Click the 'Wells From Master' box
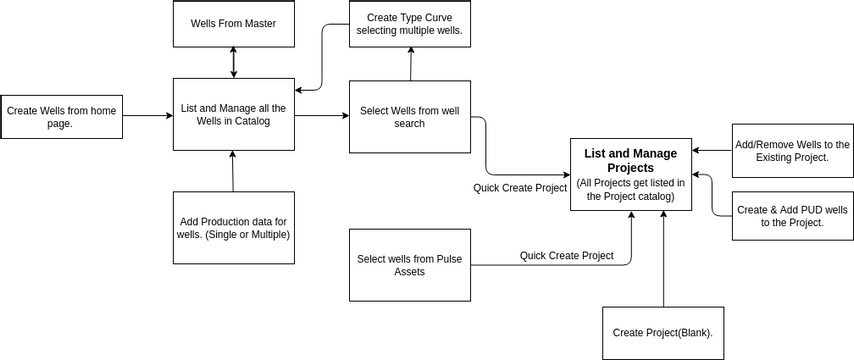pos(233,23)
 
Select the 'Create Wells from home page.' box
pos(61,117)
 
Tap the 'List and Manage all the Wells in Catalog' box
pos(233,115)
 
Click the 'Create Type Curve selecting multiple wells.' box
pos(409,23)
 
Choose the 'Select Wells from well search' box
pos(409,117)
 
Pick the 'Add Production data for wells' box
pos(233,228)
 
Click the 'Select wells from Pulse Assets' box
pos(409,265)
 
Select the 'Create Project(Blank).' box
pos(662,332)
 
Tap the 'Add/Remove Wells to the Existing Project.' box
pos(792,151)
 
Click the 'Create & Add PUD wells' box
pos(792,216)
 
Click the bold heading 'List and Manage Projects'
pos(630,160)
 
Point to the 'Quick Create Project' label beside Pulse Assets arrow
pos(566,256)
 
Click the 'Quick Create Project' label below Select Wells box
pos(520,188)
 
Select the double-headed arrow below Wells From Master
pos(233,62)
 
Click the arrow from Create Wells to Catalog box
pos(147,116)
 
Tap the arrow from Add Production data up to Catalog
pos(233,171)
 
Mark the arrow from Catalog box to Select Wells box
pos(322,116)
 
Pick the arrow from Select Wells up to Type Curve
pos(409,64)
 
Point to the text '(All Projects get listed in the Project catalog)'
pos(630,190)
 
